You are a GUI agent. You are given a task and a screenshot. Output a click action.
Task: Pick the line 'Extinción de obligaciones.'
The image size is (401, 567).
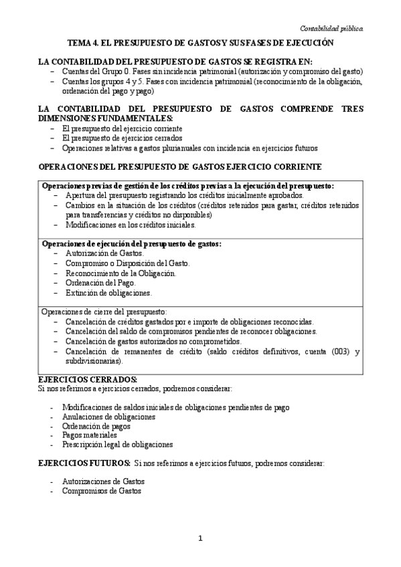(x=108, y=293)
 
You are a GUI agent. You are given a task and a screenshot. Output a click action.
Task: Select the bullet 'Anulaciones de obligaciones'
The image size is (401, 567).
(x=108, y=416)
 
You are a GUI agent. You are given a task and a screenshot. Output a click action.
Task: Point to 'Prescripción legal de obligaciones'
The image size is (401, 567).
(x=117, y=444)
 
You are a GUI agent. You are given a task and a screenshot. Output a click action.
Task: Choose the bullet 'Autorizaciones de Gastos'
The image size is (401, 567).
(x=103, y=481)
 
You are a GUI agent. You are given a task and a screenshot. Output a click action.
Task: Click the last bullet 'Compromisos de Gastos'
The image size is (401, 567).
(x=101, y=490)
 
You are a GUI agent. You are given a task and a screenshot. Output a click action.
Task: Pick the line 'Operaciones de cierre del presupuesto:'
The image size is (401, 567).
(x=104, y=311)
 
